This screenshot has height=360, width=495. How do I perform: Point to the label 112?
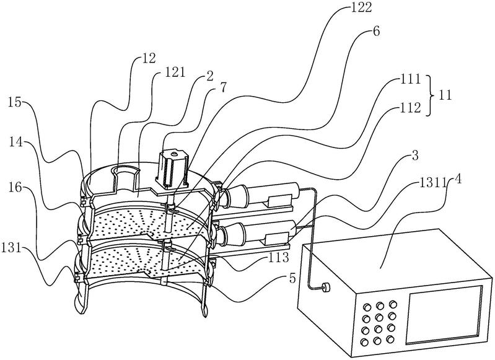coord(409,108)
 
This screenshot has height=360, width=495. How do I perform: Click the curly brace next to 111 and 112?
coord(432,94)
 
